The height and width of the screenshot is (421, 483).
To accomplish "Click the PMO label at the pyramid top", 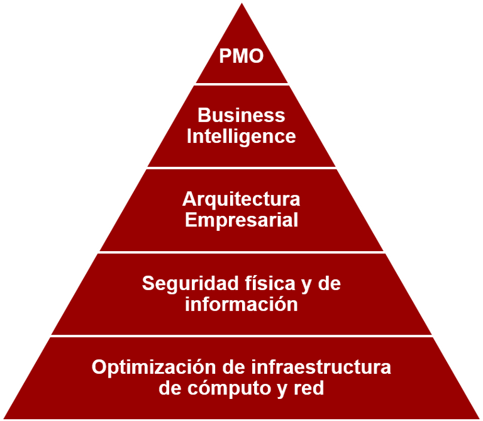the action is (241, 57).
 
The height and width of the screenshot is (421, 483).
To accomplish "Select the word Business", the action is (241, 116).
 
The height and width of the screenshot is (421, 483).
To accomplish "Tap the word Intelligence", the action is (241, 137).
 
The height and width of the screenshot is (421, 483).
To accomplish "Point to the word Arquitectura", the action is (241, 199).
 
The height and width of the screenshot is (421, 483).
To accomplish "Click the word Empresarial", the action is (241, 220).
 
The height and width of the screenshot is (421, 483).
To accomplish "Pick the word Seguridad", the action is (183, 283).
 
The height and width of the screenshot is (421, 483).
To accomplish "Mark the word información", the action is (241, 305).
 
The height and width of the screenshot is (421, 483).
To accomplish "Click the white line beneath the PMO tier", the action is (241, 84).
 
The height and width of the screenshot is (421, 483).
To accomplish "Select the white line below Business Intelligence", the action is (241, 167).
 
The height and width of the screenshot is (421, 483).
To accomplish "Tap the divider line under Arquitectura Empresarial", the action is (241, 252).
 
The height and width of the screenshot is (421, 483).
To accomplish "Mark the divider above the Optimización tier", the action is (241, 335).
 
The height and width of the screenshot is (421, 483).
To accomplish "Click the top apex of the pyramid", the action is (241, 3).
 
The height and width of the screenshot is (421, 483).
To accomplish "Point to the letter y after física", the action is (306, 284).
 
